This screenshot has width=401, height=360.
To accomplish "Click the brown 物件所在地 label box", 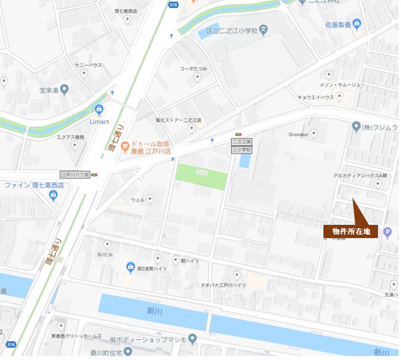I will coord(351,232).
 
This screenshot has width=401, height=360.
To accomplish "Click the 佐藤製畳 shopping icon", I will coord(357,24).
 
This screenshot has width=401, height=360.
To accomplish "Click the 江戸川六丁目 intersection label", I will coord(75,175).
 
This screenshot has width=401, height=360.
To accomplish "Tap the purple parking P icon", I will coord(387,231).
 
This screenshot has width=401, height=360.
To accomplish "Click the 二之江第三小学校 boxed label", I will coord(242,145).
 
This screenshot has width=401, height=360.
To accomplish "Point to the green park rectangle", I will coord(201,176).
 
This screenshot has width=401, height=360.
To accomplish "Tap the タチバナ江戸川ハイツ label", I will coord(224,285).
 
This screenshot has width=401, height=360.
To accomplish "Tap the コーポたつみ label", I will coord(193,69).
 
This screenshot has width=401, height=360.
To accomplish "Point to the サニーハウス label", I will coord(88,65).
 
